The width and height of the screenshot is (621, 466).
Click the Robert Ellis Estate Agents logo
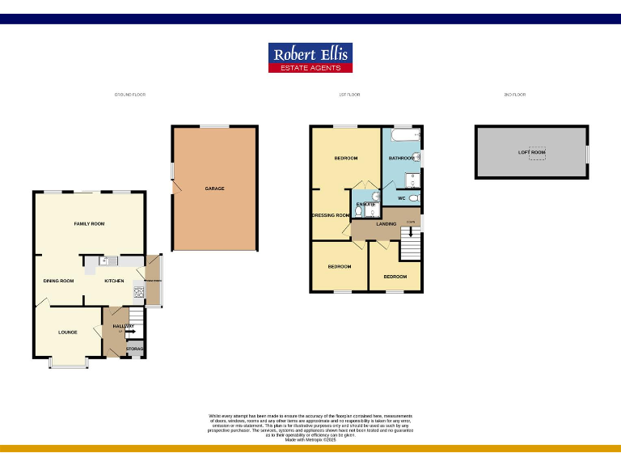coord(310,57)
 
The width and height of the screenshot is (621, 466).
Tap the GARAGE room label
coord(214,189)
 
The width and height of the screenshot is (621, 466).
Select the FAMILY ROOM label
coord(89,223)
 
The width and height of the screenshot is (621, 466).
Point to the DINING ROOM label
coord(58,281)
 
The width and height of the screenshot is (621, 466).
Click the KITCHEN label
coord(114,281)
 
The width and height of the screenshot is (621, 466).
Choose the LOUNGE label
coord(67,333)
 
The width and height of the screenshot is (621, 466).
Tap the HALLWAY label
coord(112,326)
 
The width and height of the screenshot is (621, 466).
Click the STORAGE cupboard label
coord(135,349)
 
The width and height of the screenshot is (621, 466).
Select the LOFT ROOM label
coord(532,152)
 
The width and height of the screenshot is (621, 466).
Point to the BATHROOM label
coord(401,158)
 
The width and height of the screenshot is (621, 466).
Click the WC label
coord(401,197)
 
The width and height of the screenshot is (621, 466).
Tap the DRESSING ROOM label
coord(331,215)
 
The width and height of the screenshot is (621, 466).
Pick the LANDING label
coord(387,223)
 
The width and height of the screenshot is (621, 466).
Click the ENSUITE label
coord(365,204)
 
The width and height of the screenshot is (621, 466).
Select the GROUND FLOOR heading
coord(130,95)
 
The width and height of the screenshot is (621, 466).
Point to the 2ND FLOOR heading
coord(515,95)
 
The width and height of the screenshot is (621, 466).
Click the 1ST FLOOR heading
coord(349,95)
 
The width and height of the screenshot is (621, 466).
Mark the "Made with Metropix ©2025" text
coord(310,440)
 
